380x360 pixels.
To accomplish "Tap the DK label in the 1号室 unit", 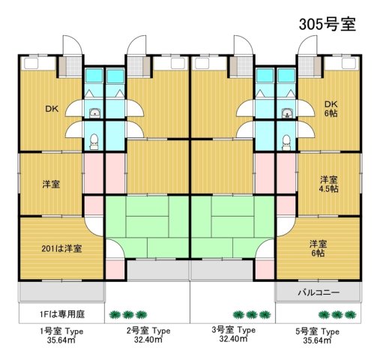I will [51, 109].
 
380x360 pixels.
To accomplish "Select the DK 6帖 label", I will [331, 109].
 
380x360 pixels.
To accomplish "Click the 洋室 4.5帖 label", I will [329, 184].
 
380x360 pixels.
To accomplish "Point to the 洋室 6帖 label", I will [319, 248].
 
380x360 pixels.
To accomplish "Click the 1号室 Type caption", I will [61, 331].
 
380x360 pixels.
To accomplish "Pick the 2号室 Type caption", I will [148, 331].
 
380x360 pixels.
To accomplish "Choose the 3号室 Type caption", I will [233, 331].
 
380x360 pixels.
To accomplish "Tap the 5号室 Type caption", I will [319, 331].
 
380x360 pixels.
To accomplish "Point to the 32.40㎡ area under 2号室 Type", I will [148, 340].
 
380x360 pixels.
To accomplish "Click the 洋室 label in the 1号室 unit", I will [51, 184].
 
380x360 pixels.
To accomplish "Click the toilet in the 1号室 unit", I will [94, 139].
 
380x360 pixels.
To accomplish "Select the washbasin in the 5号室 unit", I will [287, 114].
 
